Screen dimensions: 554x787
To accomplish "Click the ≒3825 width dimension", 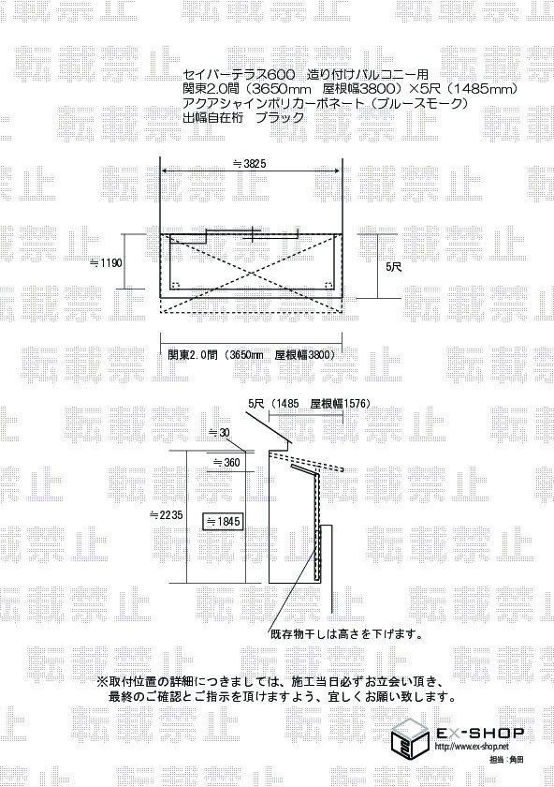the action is pyautogui.click(x=250, y=164).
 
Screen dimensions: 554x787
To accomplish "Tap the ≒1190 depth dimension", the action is pyautogui.click(x=106, y=262).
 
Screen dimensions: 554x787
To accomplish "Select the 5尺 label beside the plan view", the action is pyautogui.click(x=394, y=267).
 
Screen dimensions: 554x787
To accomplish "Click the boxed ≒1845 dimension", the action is pyautogui.click(x=223, y=522).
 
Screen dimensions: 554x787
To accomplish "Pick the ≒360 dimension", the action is pyautogui.click(x=226, y=462).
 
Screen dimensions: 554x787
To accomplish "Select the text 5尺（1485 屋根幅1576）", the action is pyautogui.click(x=310, y=404).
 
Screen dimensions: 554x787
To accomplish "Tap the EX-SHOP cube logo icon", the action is pyautogui.click(x=410, y=741).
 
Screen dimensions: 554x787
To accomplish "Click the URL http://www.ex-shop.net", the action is pyautogui.click(x=472, y=747).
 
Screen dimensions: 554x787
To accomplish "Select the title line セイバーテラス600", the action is pyautogui.click(x=235, y=75).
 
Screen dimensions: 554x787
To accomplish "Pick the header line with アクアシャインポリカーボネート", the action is pyautogui.click(x=326, y=103).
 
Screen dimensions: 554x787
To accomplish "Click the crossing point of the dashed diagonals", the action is pyautogui.click(x=251, y=274).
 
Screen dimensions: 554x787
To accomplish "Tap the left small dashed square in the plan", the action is pyautogui.click(x=176, y=285).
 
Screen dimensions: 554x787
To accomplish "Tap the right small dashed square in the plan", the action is pyautogui.click(x=328, y=285).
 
